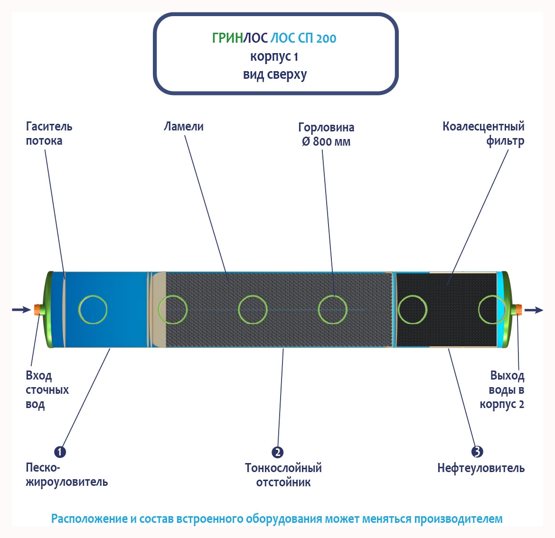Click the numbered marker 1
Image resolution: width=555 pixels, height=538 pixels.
(60, 452)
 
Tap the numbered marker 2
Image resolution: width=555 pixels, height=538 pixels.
(278, 452)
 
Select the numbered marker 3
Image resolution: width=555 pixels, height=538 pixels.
(477, 452)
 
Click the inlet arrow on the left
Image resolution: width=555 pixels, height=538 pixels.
(21, 310)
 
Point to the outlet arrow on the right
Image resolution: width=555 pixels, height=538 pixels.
(534, 310)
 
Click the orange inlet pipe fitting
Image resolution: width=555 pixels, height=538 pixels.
(37, 310)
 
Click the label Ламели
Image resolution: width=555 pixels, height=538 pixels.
(184, 127)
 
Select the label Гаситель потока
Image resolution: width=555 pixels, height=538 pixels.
(49, 133)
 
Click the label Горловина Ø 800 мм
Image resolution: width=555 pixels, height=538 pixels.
(326, 134)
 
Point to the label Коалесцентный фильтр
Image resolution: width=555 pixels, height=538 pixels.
(483, 133)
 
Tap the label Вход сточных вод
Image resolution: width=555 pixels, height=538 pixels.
(47, 390)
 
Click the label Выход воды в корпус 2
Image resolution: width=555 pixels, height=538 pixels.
(502, 390)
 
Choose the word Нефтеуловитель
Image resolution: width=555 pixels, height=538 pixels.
(480, 468)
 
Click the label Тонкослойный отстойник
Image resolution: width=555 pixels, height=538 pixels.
(283, 475)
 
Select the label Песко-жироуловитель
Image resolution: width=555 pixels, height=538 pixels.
(66, 475)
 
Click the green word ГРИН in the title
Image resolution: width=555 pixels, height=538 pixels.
(227, 38)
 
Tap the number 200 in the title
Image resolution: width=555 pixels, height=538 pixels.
(326, 38)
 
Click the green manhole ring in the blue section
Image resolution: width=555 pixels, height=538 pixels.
(93, 309)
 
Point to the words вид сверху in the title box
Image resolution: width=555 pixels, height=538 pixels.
(275, 74)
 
